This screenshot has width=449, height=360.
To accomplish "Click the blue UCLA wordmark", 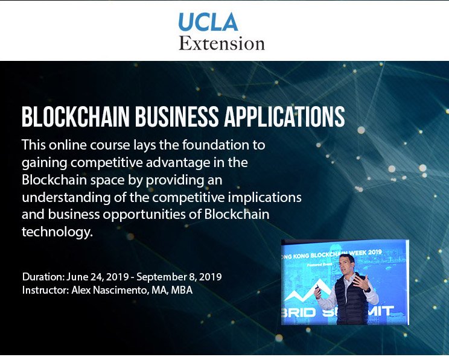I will tap(208, 22).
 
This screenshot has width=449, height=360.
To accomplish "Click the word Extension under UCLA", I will tap(221, 43).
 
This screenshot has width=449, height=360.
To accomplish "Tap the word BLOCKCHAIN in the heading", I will tap(75, 117).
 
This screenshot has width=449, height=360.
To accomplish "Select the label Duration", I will tap(42, 277).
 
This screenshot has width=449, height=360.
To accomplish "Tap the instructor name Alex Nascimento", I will tap(115, 289).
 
